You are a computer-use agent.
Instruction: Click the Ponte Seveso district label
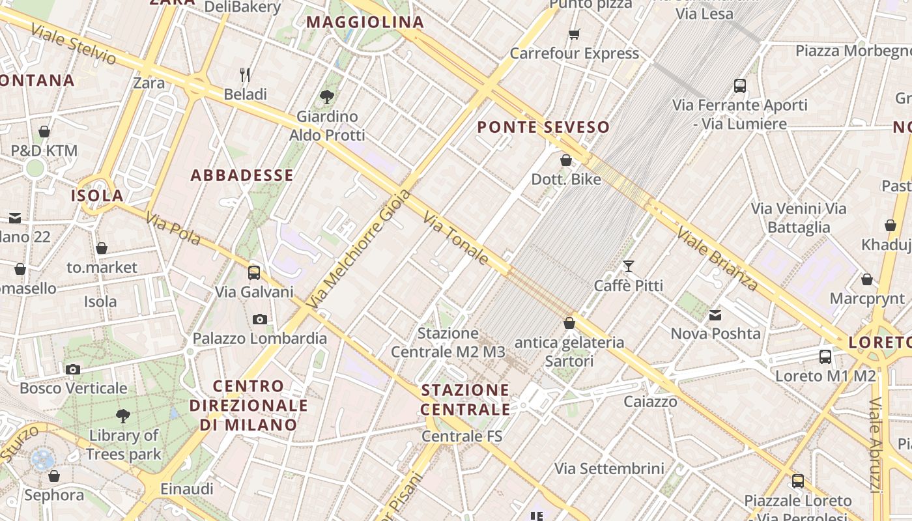543,127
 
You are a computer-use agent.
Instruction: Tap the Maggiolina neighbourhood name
365,22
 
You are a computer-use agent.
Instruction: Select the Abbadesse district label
242,175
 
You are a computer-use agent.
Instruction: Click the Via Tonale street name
456,238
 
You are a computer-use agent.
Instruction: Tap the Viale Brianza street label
717,259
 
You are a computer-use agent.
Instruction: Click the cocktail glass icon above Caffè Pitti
628,266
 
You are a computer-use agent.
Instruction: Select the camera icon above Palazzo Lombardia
260,319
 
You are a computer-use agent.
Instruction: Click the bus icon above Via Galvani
254,272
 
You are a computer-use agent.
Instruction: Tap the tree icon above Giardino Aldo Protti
327,97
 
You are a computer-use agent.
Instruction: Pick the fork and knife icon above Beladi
245,75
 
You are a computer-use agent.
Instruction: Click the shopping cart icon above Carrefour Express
574,34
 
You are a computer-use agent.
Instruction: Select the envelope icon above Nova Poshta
715,315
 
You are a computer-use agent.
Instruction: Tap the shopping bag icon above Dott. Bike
565,160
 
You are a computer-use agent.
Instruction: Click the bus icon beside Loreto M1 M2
825,357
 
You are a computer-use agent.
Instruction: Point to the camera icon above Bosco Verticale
73,369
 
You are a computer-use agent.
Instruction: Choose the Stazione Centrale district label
465,399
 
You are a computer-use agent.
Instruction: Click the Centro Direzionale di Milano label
248,405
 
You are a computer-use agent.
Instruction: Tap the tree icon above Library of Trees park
122,415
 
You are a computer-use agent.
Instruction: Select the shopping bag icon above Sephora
54,476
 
